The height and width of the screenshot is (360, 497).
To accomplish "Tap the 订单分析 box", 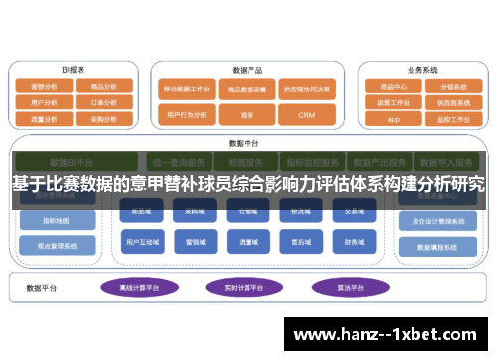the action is pyautogui.click(x=103, y=102).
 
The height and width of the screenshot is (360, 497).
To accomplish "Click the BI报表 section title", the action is pyautogui.click(x=73, y=70).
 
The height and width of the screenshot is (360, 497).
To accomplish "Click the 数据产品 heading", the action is pyautogui.click(x=246, y=71).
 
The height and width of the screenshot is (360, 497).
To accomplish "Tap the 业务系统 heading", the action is pyautogui.click(x=422, y=71).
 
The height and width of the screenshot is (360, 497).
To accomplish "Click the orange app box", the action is pyautogui.click(x=393, y=118).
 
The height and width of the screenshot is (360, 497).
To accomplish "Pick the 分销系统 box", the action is pyautogui.click(x=453, y=87).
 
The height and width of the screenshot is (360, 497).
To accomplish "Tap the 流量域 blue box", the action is pyautogui.click(x=246, y=241).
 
